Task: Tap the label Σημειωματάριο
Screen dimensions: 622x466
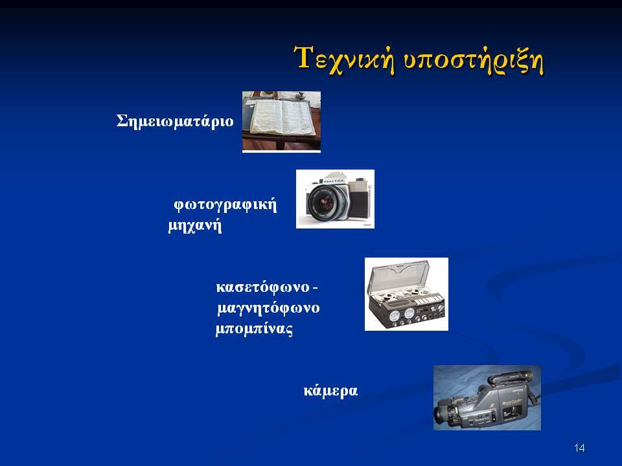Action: pyautogui.click(x=175, y=121)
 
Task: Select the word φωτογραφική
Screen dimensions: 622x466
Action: pyautogui.click(x=225, y=205)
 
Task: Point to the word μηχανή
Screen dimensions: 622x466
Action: pyautogui.click(x=195, y=226)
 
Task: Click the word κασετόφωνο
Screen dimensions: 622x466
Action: pyautogui.click(x=262, y=287)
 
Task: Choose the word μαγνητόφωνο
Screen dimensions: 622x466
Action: pyautogui.click(x=268, y=308)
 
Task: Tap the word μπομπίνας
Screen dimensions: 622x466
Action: pyautogui.click(x=254, y=329)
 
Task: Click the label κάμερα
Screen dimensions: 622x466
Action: pyautogui.click(x=330, y=391)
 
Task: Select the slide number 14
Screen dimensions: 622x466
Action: pyautogui.click(x=579, y=448)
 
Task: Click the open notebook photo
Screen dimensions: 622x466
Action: pyautogui.click(x=281, y=121)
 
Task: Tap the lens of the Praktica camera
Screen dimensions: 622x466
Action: pyautogui.click(x=327, y=202)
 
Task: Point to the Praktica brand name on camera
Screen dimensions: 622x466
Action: pyautogui.click(x=334, y=181)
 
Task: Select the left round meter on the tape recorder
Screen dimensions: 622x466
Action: pyautogui.click(x=395, y=316)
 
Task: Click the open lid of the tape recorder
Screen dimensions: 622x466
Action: pyautogui.click(x=400, y=276)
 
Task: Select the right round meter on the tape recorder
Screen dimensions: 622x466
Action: pyautogui.click(x=409, y=315)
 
